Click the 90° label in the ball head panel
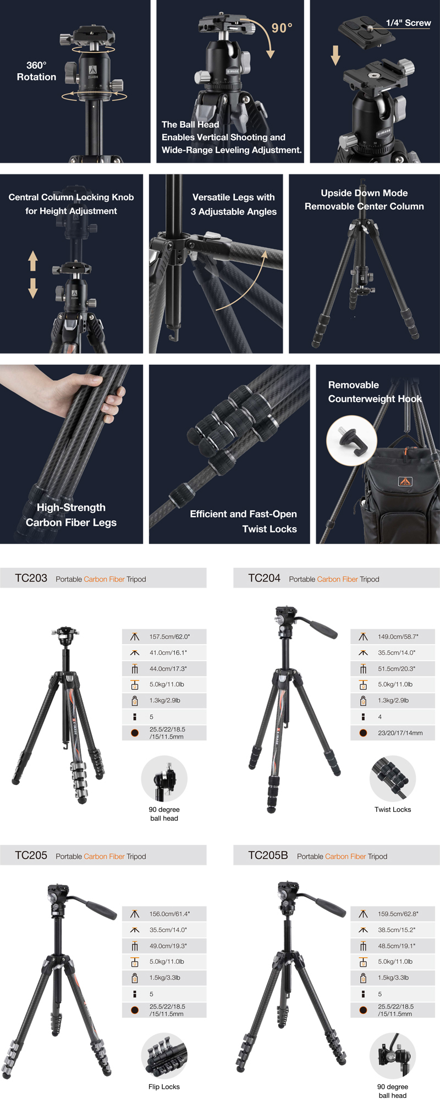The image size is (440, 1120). tap(282, 28)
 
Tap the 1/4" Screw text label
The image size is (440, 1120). tap(408, 23)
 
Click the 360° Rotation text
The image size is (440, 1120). tap(36, 71)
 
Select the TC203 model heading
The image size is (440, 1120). tap(31, 578)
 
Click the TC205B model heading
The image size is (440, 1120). tap(268, 855)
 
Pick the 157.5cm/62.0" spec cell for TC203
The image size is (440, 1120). tap(169, 636)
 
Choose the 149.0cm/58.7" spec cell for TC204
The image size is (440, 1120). tap(398, 636)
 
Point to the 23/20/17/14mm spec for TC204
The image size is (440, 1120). tap(400, 733)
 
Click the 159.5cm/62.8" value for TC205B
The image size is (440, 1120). tap(398, 914)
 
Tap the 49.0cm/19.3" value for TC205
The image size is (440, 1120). tap(168, 946)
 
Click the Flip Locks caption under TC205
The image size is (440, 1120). tap(164, 1086)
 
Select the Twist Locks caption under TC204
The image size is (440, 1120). tap(393, 809)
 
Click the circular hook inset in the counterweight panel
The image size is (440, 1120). tap(351, 440)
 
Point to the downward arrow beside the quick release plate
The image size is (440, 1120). tap(335, 55)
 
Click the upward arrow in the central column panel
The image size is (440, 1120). tap(33, 261)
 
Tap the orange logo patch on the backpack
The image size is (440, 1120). tap(405, 482)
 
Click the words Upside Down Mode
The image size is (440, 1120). tap(364, 193)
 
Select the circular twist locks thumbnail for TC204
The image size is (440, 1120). tap(393, 778)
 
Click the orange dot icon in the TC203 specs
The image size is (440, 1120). tap(135, 733)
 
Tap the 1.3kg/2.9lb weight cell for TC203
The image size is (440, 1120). tap(164, 700)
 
